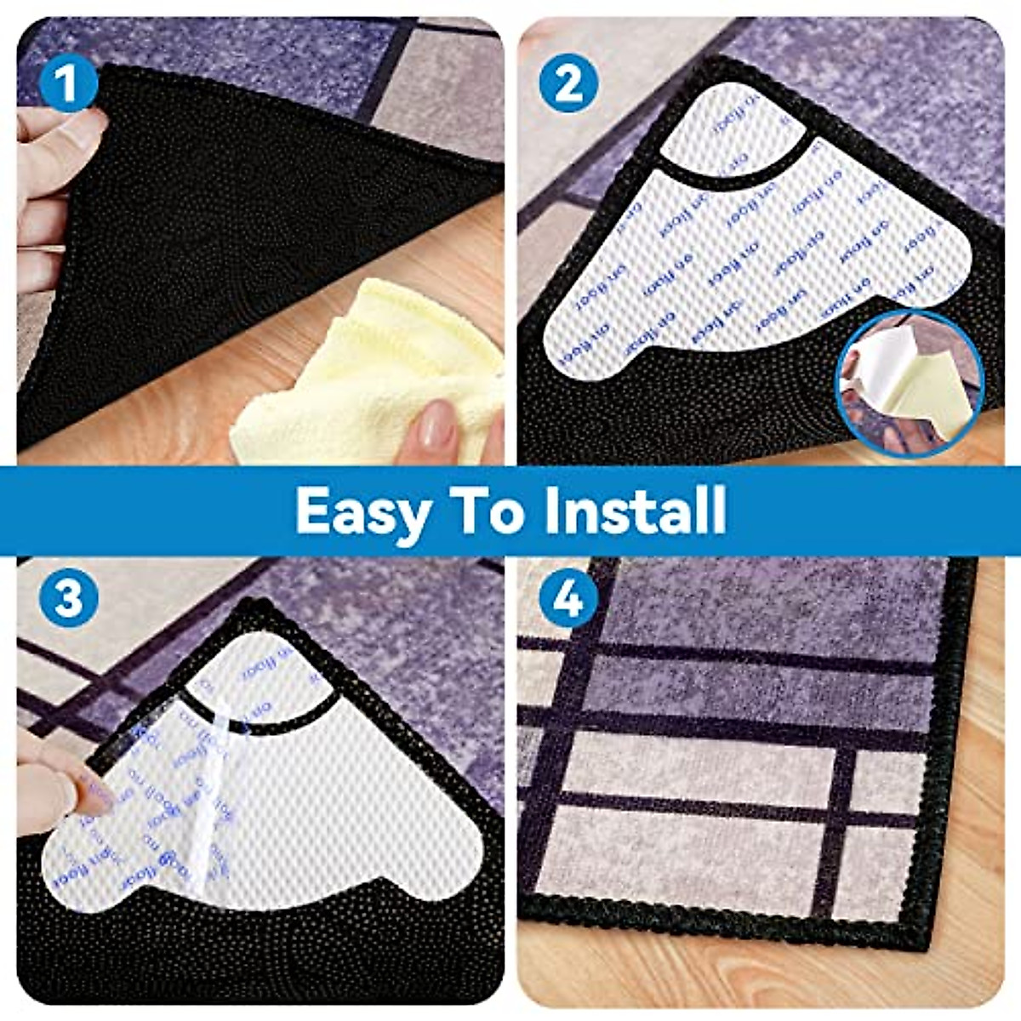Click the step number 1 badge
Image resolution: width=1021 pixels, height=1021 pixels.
pyautogui.click(x=69, y=85)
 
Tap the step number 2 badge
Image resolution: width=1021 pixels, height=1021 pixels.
pyautogui.click(x=568, y=85)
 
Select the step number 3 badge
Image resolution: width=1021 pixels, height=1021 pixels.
pyautogui.click(x=69, y=599)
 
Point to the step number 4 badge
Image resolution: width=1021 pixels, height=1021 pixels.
pyautogui.click(x=568, y=599)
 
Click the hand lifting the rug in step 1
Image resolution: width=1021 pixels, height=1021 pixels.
pyautogui.click(x=51, y=179)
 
